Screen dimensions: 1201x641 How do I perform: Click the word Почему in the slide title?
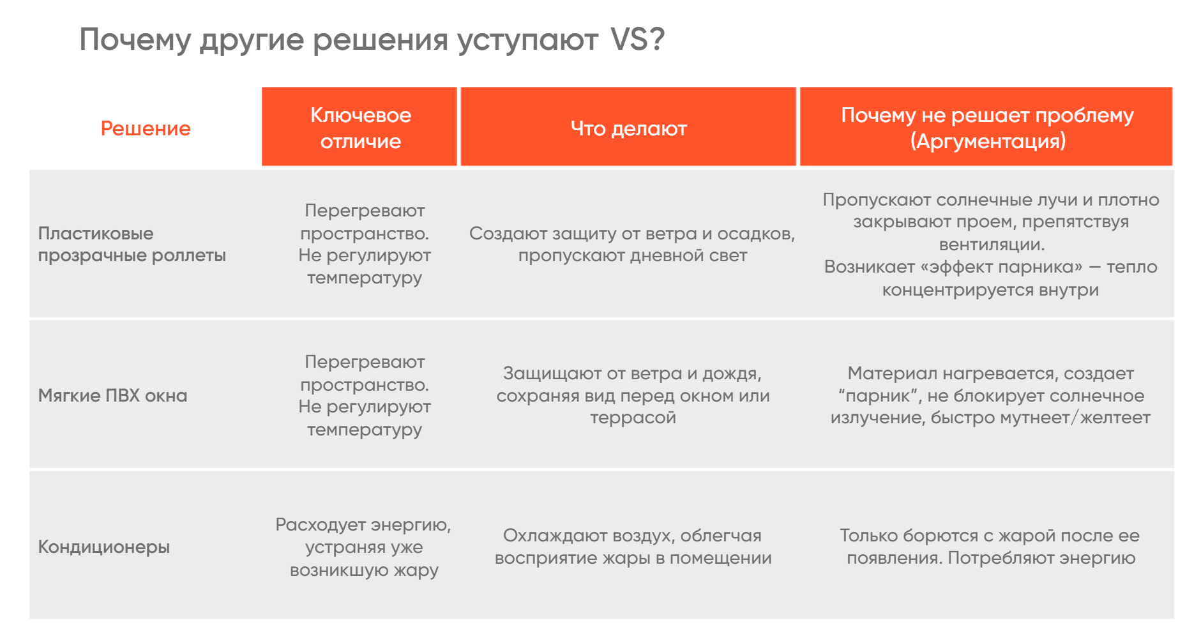coord(135,40)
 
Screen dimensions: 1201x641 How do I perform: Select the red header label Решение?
coord(146,128)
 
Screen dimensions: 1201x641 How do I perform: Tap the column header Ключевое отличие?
coord(361,128)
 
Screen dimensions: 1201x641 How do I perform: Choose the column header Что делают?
coord(629,128)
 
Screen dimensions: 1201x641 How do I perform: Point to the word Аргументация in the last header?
coord(988,141)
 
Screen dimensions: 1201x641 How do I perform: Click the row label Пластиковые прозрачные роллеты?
coord(132,244)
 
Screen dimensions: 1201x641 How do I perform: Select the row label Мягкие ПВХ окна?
coord(113,395)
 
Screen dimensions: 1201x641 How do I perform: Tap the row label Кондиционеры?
coord(104,547)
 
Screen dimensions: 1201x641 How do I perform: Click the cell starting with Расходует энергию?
coord(363,547)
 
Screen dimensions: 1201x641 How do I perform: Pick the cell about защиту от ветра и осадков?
coord(632,244)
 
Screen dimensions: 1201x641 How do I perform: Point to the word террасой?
coord(633,418)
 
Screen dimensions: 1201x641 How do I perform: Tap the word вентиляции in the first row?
coord(992,245)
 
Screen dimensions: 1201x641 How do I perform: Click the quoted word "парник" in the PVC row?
coord(879,396)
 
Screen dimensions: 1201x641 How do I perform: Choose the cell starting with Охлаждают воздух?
coord(633,547)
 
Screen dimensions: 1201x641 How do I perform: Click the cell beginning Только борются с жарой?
coord(990,547)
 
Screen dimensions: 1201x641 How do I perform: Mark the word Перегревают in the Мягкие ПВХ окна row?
coord(365,363)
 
